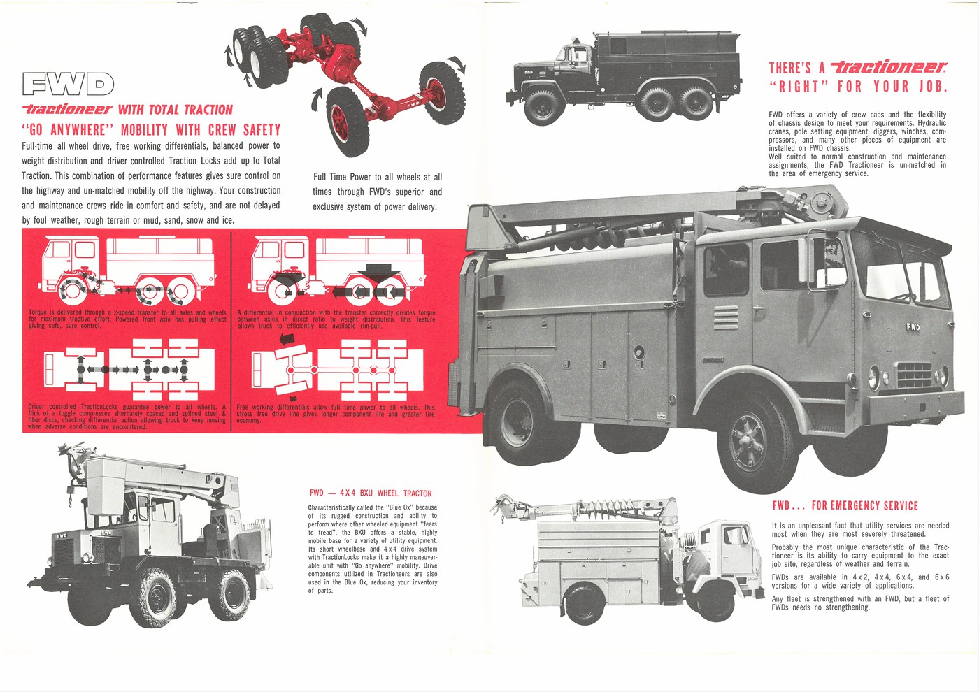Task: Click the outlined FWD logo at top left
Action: tap(68, 84)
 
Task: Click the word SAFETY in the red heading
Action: tap(262, 130)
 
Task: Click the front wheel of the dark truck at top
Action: tap(541, 106)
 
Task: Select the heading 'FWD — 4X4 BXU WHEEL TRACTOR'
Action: tap(370, 493)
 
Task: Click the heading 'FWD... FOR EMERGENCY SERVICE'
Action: tap(845, 505)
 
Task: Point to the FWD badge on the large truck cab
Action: tap(913, 326)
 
